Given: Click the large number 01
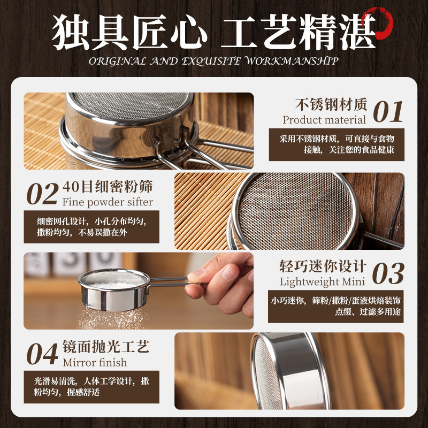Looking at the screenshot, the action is coord(388,112).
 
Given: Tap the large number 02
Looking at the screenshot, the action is coord(43,194).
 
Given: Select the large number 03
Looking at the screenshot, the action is coord(388,273).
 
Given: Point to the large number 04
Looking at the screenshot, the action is coord(42,354).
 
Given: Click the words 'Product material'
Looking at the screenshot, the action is coord(324,120).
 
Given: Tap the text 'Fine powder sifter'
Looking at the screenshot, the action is coord(108,202).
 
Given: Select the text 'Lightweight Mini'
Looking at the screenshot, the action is coord(323,282).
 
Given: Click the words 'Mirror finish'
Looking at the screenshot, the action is coord(95,363).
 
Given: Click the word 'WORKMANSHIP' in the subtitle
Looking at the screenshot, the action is coord(292,61).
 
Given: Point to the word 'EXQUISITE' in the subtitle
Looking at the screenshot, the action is coord(211,61).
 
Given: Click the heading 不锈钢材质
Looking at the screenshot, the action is coord(331,105).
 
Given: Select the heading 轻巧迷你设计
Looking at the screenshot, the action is coord(323,266).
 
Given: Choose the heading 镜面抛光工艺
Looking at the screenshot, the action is coord(106,347).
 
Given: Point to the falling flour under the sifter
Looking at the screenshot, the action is coord(113,318).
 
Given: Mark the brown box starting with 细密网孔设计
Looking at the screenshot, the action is coord(91,227).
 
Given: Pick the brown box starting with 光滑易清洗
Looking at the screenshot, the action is coord(91,387).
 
